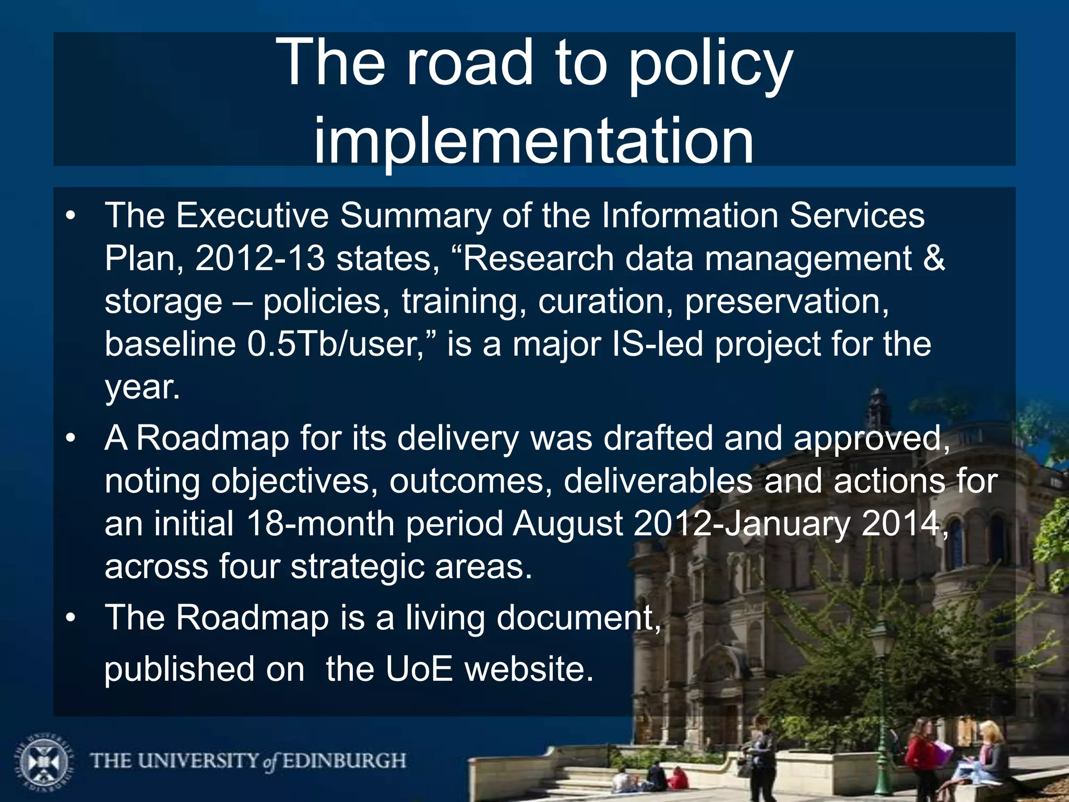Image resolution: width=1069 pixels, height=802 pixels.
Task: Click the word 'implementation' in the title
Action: [533, 140]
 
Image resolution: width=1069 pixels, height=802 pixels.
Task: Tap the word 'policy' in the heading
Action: [710, 64]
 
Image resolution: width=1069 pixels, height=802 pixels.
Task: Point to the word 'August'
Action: [567, 524]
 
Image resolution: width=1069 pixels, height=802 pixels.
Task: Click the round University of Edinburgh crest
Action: [43, 761]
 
